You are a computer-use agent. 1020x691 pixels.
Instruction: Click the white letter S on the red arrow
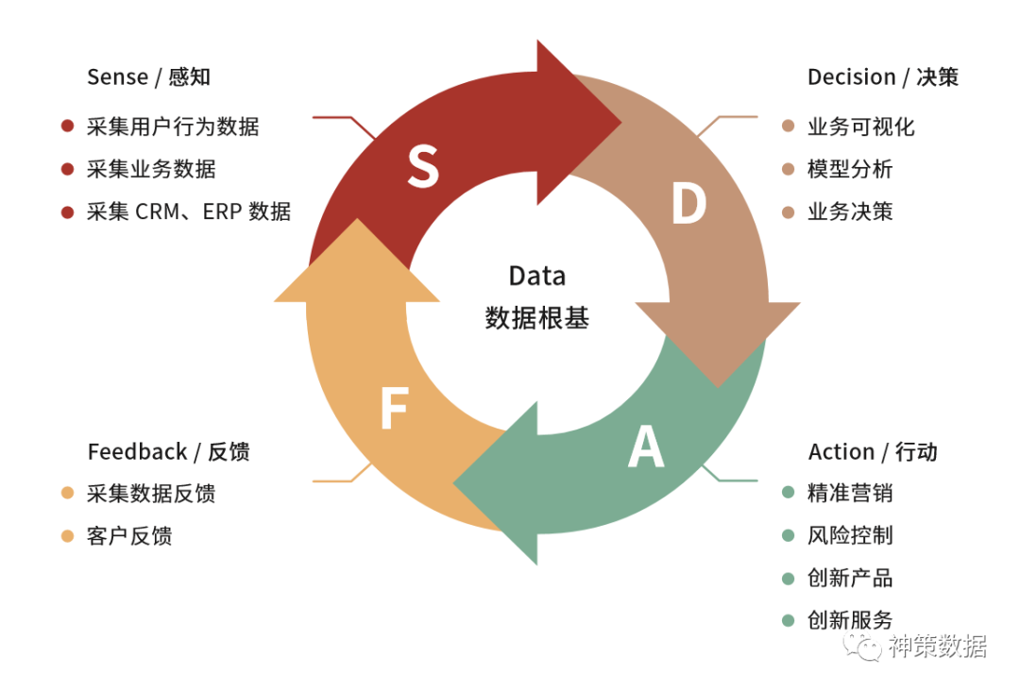423,165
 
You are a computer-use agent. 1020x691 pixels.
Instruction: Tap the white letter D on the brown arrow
688,204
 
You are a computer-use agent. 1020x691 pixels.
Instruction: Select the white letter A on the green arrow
646,447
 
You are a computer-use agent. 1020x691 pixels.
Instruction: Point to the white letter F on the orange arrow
393,410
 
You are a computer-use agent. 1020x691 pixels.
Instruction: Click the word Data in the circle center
536,276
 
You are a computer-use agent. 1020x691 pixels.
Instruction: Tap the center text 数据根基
536,317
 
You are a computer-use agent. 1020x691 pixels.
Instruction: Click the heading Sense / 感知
148,77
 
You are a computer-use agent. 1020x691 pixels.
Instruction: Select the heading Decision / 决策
882,77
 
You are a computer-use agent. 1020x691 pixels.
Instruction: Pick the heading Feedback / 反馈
168,452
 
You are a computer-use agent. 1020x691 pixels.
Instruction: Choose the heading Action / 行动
873,452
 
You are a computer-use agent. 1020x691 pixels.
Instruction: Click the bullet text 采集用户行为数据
172,126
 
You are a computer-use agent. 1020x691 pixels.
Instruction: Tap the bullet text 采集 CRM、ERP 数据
188,211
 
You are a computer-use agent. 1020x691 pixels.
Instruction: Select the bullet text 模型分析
850,170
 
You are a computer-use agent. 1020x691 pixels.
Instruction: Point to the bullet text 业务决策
850,211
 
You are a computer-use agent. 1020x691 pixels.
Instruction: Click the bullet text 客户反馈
129,536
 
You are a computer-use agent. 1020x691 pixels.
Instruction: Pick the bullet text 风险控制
850,535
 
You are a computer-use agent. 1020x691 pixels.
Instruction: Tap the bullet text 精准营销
850,493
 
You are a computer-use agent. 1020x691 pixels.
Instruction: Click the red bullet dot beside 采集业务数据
67,170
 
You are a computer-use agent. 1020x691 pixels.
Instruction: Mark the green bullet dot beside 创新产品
789,578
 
